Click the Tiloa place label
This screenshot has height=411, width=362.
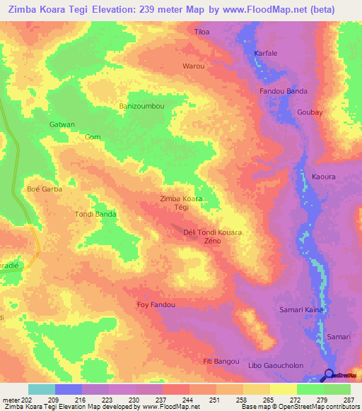[202, 32]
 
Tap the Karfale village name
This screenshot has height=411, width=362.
[267, 53]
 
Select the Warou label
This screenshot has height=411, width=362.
[194, 66]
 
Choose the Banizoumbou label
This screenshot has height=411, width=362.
[141, 107]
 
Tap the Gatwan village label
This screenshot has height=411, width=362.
[62, 124]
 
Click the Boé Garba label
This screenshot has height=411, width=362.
[45, 189]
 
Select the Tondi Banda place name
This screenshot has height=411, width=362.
[95, 213]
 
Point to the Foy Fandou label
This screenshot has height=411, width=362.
[156, 305]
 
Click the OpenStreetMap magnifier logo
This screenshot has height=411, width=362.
[329, 374]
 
